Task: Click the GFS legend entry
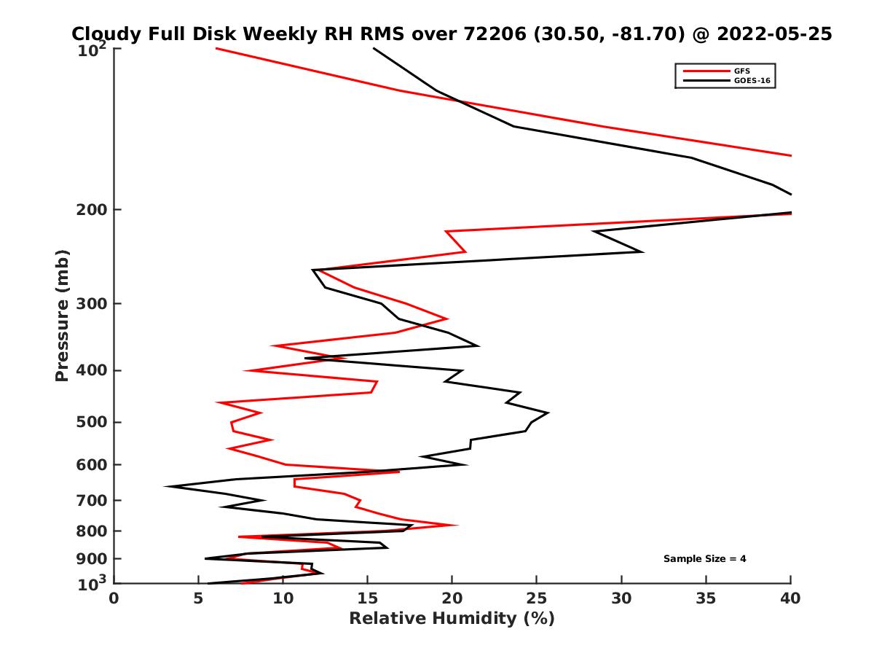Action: point(742,71)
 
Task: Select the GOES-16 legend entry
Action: point(750,81)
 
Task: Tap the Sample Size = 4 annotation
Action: point(704,559)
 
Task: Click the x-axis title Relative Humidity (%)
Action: point(452,619)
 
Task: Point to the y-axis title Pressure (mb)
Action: point(62,315)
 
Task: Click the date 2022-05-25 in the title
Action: point(774,34)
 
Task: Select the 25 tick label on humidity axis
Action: point(537,598)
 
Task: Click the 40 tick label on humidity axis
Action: point(791,598)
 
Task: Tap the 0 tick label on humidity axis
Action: point(114,598)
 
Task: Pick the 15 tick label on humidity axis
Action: point(368,598)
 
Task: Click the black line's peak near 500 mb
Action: point(548,413)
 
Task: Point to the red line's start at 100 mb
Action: point(216,48)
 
